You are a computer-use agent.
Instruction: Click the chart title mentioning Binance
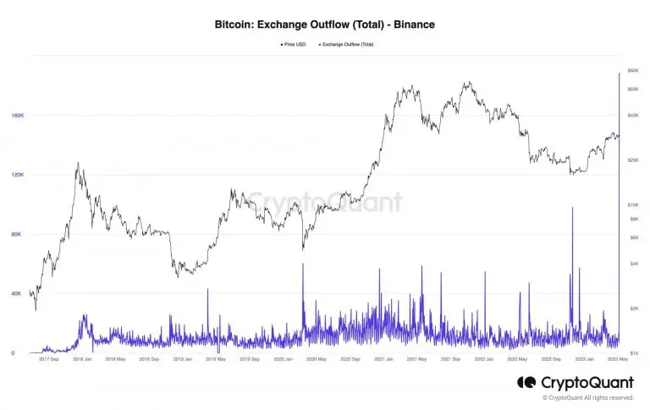click(x=325, y=26)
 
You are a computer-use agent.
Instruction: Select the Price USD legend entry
click(x=294, y=44)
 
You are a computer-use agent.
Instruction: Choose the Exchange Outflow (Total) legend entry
click(x=348, y=44)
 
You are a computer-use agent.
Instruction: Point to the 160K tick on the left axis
click(x=17, y=115)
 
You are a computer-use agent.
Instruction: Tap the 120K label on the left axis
click(x=17, y=175)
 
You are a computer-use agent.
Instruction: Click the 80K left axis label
click(x=17, y=234)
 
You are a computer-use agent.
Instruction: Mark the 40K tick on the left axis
click(x=17, y=294)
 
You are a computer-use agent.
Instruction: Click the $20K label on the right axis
click(x=631, y=160)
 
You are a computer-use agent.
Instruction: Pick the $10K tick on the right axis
click(x=631, y=205)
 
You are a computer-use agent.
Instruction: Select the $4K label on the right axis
click(x=631, y=263)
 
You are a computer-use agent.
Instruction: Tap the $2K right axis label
click(x=631, y=308)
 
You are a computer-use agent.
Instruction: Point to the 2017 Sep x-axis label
click(x=49, y=359)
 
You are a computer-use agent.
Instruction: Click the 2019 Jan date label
click(x=183, y=359)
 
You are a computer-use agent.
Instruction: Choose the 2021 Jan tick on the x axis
click(x=383, y=359)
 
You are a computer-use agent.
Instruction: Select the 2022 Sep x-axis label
click(x=549, y=359)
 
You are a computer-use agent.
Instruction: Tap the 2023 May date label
click(x=616, y=359)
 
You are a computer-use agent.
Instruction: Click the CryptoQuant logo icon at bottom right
click(x=526, y=383)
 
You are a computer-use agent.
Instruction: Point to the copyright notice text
click(x=588, y=397)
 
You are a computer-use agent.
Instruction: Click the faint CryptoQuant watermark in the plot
click(x=324, y=203)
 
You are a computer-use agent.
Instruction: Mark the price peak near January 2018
click(x=78, y=163)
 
